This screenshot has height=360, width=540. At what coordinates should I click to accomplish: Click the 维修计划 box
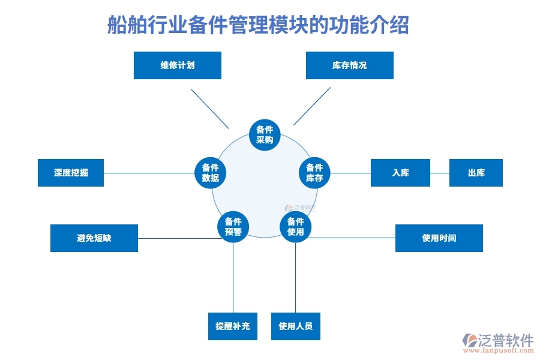[x=177, y=65]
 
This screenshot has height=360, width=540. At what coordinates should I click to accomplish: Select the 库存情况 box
[x=349, y=65]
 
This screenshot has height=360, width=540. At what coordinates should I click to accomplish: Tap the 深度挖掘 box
[x=70, y=173]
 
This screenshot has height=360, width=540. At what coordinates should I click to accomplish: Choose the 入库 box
[x=400, y=173]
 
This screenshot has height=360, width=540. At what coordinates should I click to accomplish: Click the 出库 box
[x=476, y=173]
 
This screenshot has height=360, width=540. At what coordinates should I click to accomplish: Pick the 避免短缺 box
[x=94, y=238]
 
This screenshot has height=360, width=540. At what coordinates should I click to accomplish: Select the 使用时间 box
[x=439, y=238]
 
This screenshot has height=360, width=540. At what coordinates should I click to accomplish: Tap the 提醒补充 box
[x=232, y=326]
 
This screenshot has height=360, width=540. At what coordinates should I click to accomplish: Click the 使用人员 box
[x=295, y=326]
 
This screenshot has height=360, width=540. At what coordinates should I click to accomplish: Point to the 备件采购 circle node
[x=265, y=135]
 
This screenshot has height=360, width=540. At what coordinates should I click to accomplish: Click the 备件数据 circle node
[x=210, y=173]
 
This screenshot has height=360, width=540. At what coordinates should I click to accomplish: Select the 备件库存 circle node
[x=314, y=173]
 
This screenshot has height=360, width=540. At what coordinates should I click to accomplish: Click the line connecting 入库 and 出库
[x=439, y=173]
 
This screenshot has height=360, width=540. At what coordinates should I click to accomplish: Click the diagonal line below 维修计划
[x=209, y=108]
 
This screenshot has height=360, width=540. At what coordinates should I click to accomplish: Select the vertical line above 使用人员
[x=295, y=276]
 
